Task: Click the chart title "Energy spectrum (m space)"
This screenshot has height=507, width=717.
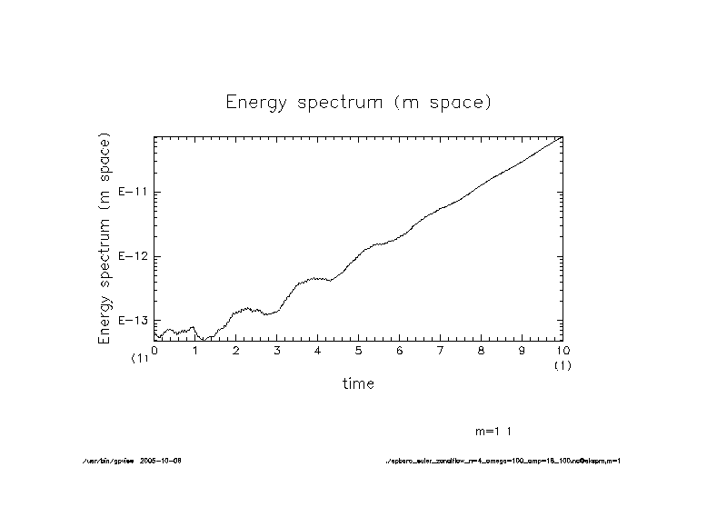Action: tap(358, 102)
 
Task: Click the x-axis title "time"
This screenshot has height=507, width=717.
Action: tap(358, 383)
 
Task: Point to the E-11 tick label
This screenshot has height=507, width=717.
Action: tap(134, 193)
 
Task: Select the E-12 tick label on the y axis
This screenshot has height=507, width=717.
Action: tap(134, 256)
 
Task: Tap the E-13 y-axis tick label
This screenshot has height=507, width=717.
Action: tap(134, 321)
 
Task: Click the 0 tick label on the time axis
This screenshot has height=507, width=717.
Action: tap(154, 350)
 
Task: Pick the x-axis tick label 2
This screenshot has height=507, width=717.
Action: tap(236, 350)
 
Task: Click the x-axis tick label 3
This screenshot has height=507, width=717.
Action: tap(277, 350)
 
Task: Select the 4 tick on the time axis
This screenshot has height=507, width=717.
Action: tap(318, 350)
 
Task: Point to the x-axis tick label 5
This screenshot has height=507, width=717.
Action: tap(359, 350)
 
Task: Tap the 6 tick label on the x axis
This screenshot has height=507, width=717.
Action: tap(400, 350)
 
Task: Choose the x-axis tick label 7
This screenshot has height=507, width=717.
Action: tap(441, 350)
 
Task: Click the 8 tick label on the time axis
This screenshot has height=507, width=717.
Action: tap(482, 350)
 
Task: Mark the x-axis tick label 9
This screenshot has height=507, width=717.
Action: tap(523, 350)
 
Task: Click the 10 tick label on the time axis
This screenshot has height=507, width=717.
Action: tap(563, 350)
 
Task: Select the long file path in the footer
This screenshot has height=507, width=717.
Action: tap(503, 461)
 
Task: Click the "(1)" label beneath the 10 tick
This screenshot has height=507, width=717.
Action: tap(563, 365)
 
